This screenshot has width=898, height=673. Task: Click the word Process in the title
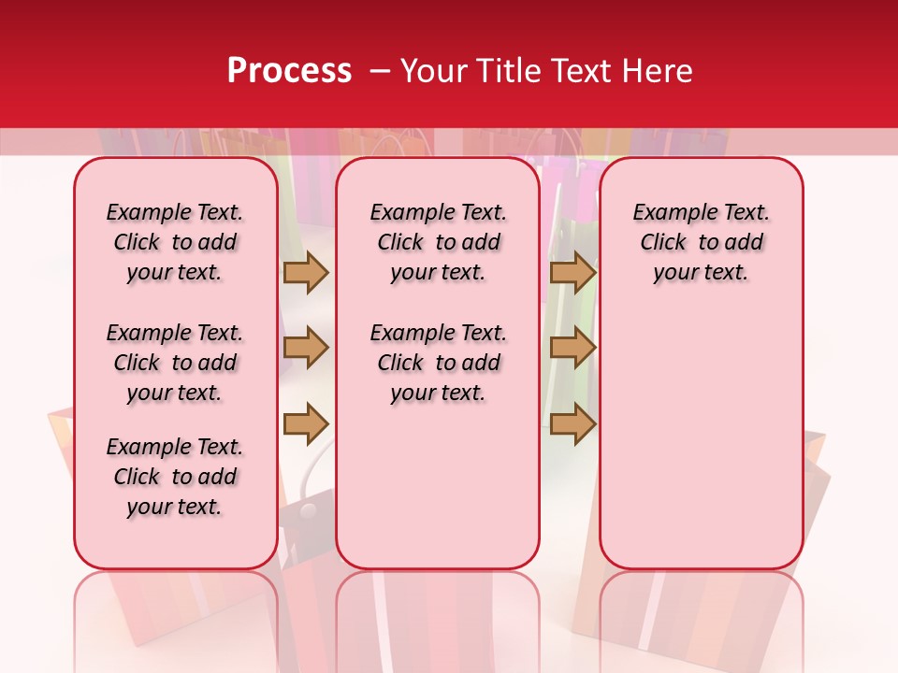[x=289, y=70]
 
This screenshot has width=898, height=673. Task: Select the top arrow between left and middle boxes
[x=306, y=272]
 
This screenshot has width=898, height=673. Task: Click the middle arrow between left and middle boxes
[x=306, y=348]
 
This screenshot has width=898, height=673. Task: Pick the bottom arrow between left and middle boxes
[x=306, y=424]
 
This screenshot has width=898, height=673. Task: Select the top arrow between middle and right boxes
[x=572, y=272]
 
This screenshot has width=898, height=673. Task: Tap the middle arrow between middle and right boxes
[x=572, y=348]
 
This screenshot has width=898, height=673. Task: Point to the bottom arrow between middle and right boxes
[x=572, y=424]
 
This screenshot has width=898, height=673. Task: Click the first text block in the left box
[x=175, y=242]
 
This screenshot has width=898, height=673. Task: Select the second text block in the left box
[x=175, y=363]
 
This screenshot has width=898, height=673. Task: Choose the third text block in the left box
[x=175, y=477]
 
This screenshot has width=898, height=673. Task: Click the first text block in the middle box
[x=438, y=242]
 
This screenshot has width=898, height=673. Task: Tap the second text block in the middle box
[x=438, y=363]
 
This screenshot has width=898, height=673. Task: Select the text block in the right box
[x=701, y=242]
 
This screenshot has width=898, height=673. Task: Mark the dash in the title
[x=380, y=71]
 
